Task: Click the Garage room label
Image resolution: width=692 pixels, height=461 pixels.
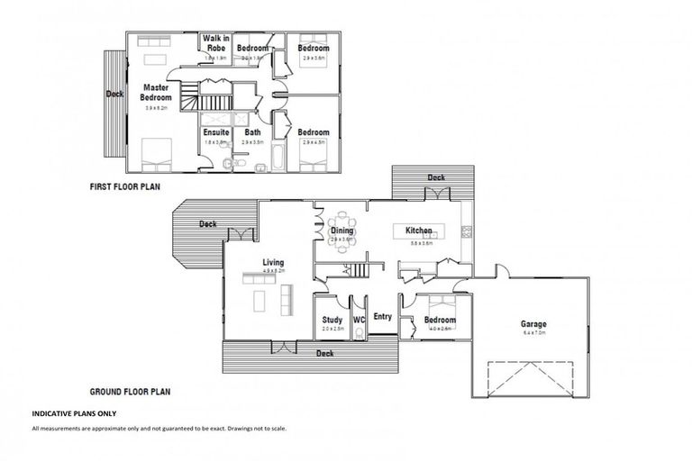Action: [x=533, y=324]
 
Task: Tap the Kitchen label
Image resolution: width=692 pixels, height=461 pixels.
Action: [x=418, y=231]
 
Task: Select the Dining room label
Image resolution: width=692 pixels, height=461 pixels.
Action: [x=341, y=230]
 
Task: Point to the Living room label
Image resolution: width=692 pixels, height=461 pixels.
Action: [x=273, y=262]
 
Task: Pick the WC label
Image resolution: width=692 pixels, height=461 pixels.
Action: [x=359, y=320]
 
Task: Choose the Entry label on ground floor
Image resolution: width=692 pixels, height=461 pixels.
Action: [x=382, y=316]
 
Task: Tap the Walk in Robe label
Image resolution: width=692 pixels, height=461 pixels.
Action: [x=216, y=42]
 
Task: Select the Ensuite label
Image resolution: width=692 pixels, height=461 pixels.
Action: [x=216, y=132]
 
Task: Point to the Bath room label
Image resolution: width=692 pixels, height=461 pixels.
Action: [x=252, y=132]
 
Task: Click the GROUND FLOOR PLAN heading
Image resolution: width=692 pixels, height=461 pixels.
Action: [x=130, y=392]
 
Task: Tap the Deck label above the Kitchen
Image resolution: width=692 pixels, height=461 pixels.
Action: [x=436, y=178]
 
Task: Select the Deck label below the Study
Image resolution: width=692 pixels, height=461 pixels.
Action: [x=324, y=354]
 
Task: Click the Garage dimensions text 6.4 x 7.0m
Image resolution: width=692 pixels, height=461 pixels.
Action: [x=533, y=333]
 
